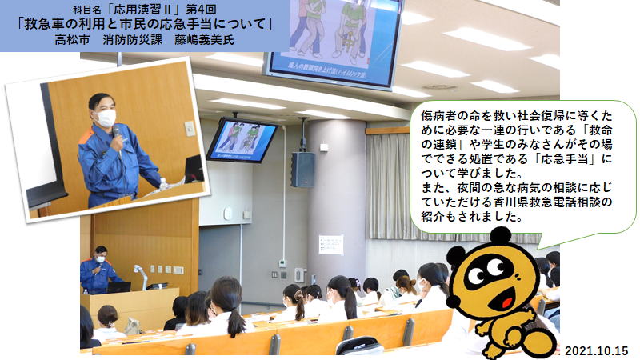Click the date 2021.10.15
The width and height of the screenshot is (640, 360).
point(596,350)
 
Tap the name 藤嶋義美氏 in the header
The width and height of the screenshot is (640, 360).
point(205,40)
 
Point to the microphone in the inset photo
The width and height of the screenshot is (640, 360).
point(117,135)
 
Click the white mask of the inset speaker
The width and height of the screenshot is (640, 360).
point(106,118)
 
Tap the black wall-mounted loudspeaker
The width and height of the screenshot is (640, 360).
point(302,170)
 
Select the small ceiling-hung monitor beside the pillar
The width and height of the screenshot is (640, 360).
point(242,140)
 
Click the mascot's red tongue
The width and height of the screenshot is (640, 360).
point(506,302)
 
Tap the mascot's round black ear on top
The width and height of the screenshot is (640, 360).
point(500,236)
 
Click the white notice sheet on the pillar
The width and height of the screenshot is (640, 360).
point(331,245)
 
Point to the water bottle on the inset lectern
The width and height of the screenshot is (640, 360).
point(163,184)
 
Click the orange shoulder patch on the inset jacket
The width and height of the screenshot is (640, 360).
point(86,136)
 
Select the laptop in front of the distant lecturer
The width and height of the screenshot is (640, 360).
point(118,287)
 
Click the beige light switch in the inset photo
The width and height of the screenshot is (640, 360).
point(190,129)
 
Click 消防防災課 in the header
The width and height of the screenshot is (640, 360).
point(133,40)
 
